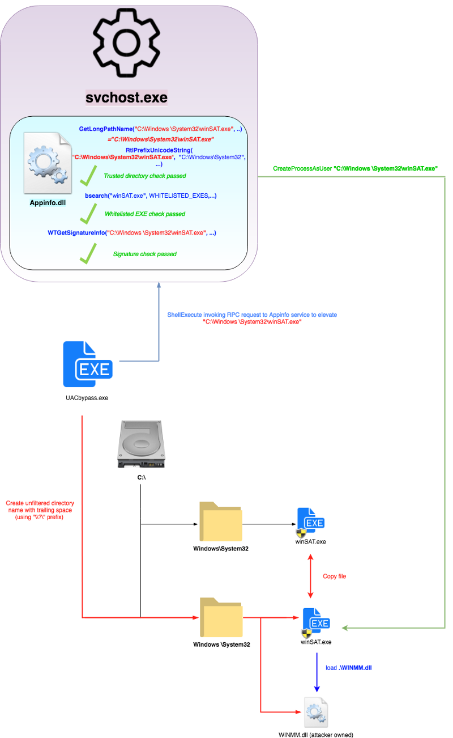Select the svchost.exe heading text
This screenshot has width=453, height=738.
tap(126, 97)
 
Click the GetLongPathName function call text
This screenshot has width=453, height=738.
tap(161, 130)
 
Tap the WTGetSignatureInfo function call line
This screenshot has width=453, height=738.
tap(132, 232)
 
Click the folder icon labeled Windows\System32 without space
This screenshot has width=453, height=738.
tap(221, 522)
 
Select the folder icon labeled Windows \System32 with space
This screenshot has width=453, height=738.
tap(221, 618)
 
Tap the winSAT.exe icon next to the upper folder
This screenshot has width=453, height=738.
tap(311, 522)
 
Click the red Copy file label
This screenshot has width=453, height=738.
tap(334, 576)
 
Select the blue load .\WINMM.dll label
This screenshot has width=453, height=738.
tap(348, 668)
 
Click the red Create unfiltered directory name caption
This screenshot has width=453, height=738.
tap(40, 510)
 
